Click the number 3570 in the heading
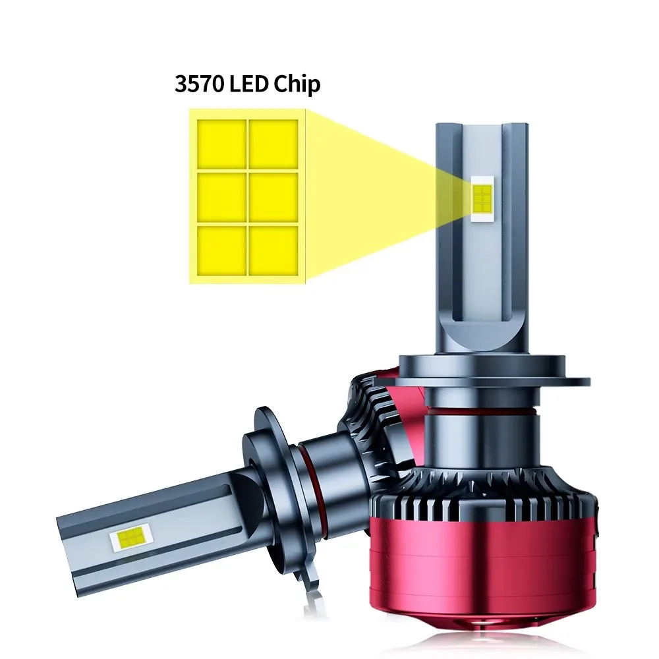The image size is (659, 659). pos(200,84)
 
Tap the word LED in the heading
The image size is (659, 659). pos(249,84)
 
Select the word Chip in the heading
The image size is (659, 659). pos(297,84)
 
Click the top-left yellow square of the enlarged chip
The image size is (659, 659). pos(222,144)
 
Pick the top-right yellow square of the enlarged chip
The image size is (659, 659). pos(273,144)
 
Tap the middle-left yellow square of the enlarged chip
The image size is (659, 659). pos(222,198)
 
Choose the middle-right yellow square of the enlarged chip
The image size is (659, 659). pos(273,198)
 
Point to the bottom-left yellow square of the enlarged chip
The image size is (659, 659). pos(222,251)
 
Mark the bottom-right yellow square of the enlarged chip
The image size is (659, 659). pos(273,251)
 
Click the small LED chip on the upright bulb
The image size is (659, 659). pos(482,199)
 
